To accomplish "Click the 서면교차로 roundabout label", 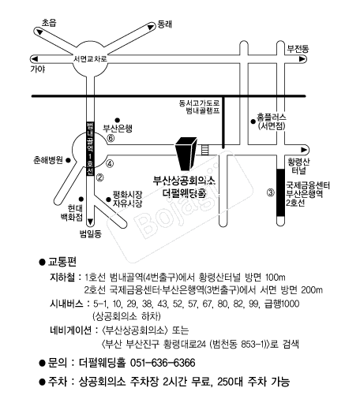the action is [90, 58].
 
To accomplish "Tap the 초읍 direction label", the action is [49, 23].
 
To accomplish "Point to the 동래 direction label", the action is [165, 24].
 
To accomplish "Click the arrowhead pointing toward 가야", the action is [35, 58].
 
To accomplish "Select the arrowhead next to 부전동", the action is [302, 59].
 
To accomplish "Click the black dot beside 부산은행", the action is [118, 121].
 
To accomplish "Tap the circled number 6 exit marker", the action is [111, 138].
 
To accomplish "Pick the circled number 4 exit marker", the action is [110, 164].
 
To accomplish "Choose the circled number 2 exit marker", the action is [99, 177].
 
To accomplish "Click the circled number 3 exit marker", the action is [271, 193].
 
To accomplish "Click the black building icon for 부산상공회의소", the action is [186, 154].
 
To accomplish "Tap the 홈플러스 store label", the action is [272, 117].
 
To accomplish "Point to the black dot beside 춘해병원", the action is [68, 160].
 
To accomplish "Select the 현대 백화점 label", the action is [72, 213].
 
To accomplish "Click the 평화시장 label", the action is [127, 195].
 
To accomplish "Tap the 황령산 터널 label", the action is [298, 166].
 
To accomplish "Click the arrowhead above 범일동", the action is [91, 222].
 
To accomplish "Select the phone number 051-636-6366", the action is [163, 363].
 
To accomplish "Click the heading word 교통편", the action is [62, 262].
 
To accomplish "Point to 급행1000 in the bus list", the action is [282, 304].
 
